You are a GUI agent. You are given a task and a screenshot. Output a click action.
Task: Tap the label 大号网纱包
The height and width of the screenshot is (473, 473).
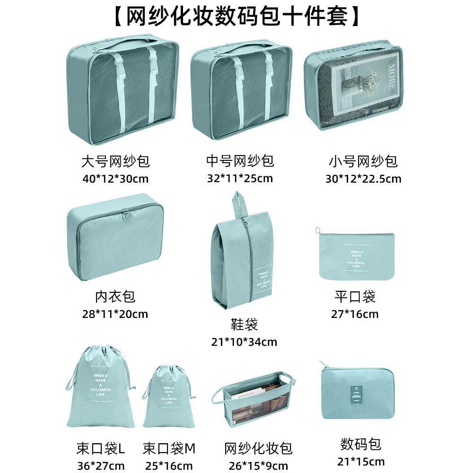pyautogui.click(x=115, y=162)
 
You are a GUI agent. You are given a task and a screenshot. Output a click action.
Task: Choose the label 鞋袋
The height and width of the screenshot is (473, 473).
pyautogui.click(x=245, y=324)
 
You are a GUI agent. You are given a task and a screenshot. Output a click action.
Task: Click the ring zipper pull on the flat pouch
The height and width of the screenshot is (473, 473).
pyautogui.click(x=319, y=231)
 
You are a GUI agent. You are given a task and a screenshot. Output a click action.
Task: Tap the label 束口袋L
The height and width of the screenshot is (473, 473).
pyautogui.click(x=100, y=447)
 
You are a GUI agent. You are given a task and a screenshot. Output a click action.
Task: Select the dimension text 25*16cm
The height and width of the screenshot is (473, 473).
pyautogui.click(x=169, y=465)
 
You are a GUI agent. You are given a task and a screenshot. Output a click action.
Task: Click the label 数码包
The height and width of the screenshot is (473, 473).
pyautogui.click(x=360, y=444)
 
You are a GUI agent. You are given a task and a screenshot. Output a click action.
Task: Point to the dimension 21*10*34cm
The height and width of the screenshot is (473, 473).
pyautogui.click(x=245, y=342)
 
